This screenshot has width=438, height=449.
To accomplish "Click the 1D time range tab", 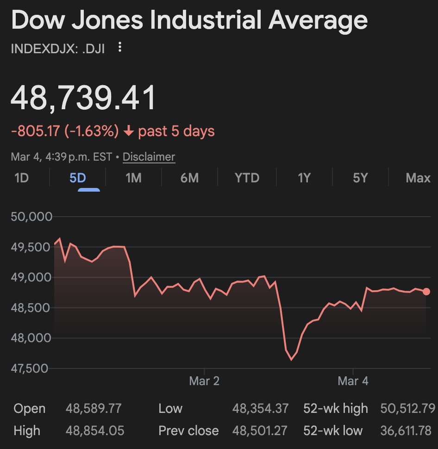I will click(x=22, y=178).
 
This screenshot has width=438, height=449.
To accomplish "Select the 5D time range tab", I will click(x=78, y=178).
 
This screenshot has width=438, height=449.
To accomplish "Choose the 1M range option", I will click(x=133, y=178).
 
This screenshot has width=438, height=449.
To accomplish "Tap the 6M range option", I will click(x=189, y=178).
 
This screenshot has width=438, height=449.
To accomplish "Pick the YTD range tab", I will click(x=247, y=178).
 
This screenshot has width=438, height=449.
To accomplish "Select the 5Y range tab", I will click(x=360, y=178).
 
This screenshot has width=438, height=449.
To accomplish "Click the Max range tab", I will click(x=418, y=178).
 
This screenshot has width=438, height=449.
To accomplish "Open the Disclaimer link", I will click(x=149, y=157).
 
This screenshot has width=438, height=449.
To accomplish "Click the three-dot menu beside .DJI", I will click(x=120, y=47).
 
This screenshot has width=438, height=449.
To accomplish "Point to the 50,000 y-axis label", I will click(x=31, y=217).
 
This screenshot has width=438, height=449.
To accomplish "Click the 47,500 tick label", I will click(x=31, y=368).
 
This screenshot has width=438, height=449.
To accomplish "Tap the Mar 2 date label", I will click(x=204, y=381).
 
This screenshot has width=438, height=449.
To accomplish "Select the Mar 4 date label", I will click(x=353, y=381).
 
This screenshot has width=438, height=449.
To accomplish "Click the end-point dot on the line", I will click(x=426, y=292).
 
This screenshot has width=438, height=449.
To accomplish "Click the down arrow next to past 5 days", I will click(x=129, y=131).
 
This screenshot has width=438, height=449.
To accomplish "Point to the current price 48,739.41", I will click(x=84, y=98).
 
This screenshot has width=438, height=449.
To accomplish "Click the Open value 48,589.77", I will click(x=94, y=409).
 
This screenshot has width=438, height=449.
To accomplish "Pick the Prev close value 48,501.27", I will click(x=260, y=431).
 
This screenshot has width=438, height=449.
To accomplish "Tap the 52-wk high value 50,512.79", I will click(x=407, y=409).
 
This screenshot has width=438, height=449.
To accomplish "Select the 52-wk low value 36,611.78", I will click(x=406, y=431).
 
